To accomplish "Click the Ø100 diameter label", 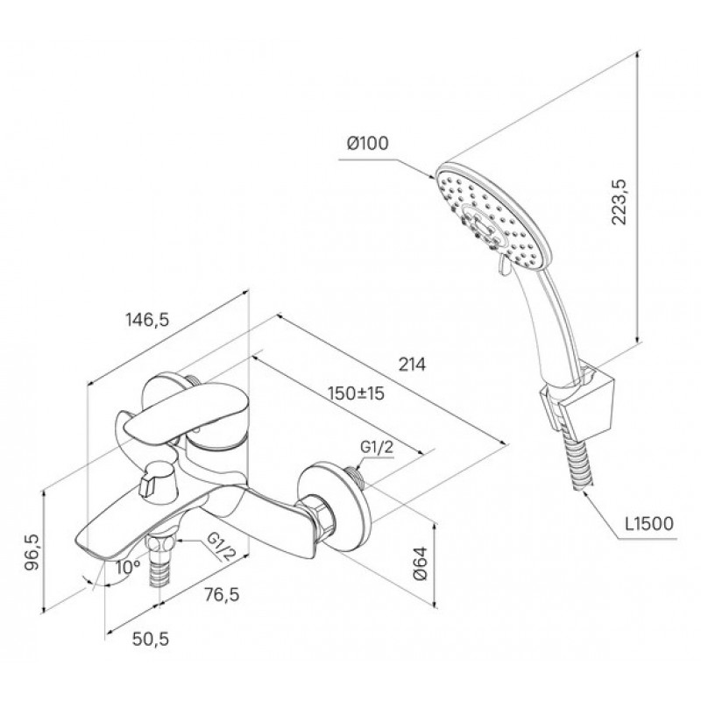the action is click(368, 143).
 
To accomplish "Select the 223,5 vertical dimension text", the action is click(620, 202).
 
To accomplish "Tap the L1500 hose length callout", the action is click(649, 523).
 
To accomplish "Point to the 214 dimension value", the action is click(412, 365).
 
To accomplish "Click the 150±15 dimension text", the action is click(356, 393).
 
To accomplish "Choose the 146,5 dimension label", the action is click(147, 320).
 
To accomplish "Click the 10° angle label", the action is click(128, 567).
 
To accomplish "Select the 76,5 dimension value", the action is click(222, 595).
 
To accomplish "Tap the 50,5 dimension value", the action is click(151, 640).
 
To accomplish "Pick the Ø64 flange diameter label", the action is click(421, 563).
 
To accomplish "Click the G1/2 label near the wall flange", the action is click(377, 447).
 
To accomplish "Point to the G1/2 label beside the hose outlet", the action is click(221, 546).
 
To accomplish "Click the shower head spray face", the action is click(493, 216).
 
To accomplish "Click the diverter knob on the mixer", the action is click(158, 480).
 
